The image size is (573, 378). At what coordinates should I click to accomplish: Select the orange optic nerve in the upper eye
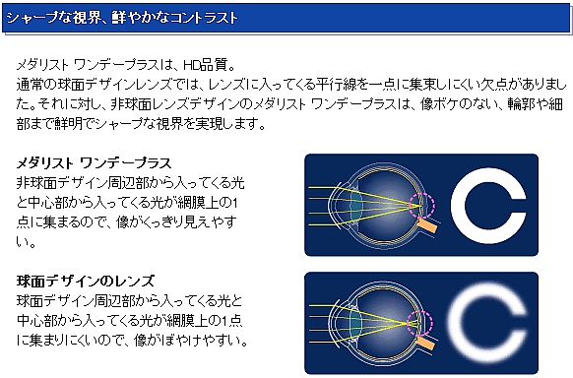point(428,226)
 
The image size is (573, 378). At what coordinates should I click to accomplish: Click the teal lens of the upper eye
point(355,206)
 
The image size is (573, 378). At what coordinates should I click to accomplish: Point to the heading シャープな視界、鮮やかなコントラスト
point(122,17)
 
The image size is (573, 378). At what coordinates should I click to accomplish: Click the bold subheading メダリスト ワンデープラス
point(94,162)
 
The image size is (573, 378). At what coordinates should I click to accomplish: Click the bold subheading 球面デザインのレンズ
point(86,282)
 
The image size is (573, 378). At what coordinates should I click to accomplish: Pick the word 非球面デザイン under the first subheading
point(56,183)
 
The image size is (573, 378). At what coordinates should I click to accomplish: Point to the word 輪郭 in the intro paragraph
point(520,104)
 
